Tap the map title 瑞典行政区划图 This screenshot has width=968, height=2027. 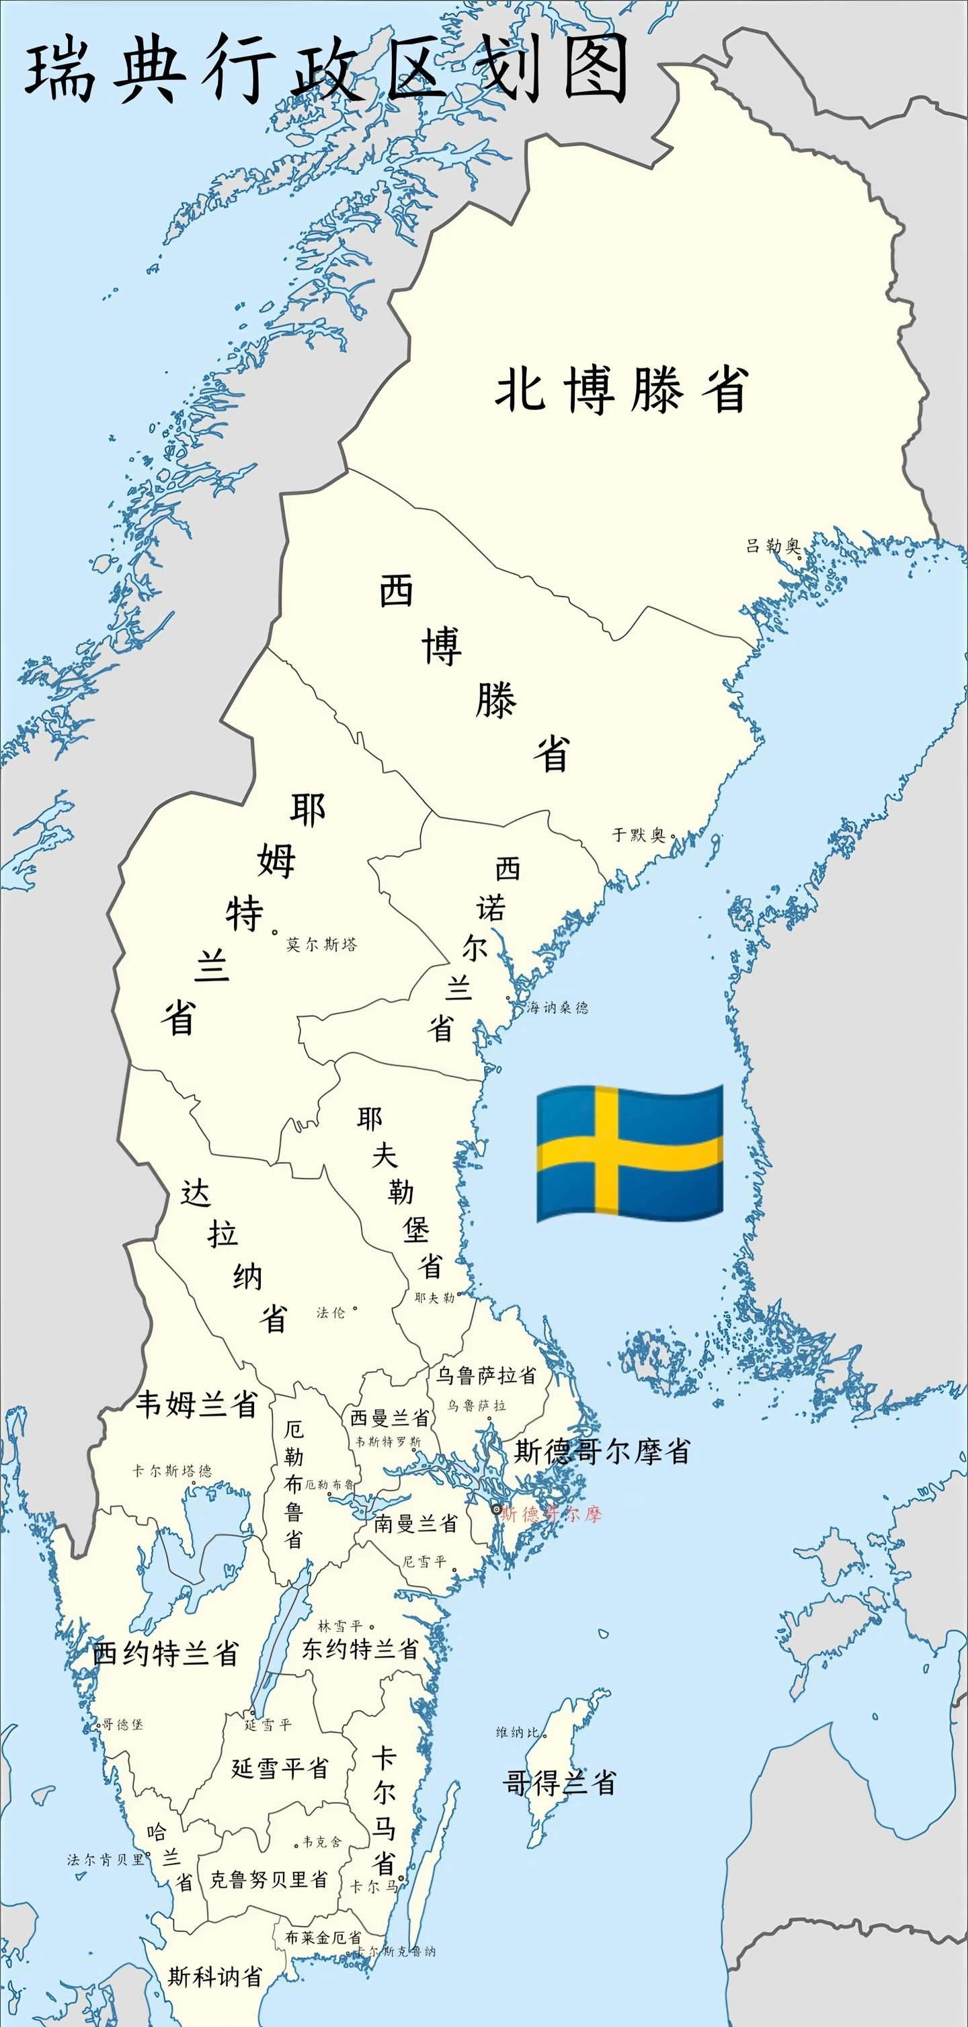(327, 69)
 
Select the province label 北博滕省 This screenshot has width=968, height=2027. (622, 390)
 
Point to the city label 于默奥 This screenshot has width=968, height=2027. (639, 835)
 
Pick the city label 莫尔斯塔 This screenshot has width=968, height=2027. (321, 944)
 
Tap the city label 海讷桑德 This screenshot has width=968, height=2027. (557, 1007)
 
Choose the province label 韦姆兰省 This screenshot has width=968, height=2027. (197, 1404)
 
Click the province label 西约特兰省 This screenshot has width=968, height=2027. (165, 1653)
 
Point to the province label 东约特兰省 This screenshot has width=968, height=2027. (360, 1649)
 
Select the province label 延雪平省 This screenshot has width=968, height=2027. (280, 1768)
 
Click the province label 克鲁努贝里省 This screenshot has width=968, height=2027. (268, 1879)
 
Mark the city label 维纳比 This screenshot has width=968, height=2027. (518, 1732)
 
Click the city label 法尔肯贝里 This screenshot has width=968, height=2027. (106, 1860)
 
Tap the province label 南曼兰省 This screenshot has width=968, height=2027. (415, 1524)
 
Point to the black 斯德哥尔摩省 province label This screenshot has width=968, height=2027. (602, 1451)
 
